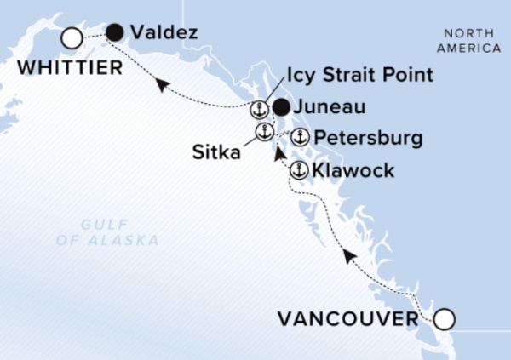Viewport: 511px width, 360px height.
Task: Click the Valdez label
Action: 165,34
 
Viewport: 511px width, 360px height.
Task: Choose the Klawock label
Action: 353,171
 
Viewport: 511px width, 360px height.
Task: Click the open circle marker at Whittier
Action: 72,37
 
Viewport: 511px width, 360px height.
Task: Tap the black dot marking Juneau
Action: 280,107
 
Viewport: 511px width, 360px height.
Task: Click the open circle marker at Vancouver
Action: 444,320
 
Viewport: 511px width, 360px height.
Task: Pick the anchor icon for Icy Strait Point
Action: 258,109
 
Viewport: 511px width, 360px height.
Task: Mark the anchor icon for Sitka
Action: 264,132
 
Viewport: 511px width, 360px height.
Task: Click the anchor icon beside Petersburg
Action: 299,137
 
